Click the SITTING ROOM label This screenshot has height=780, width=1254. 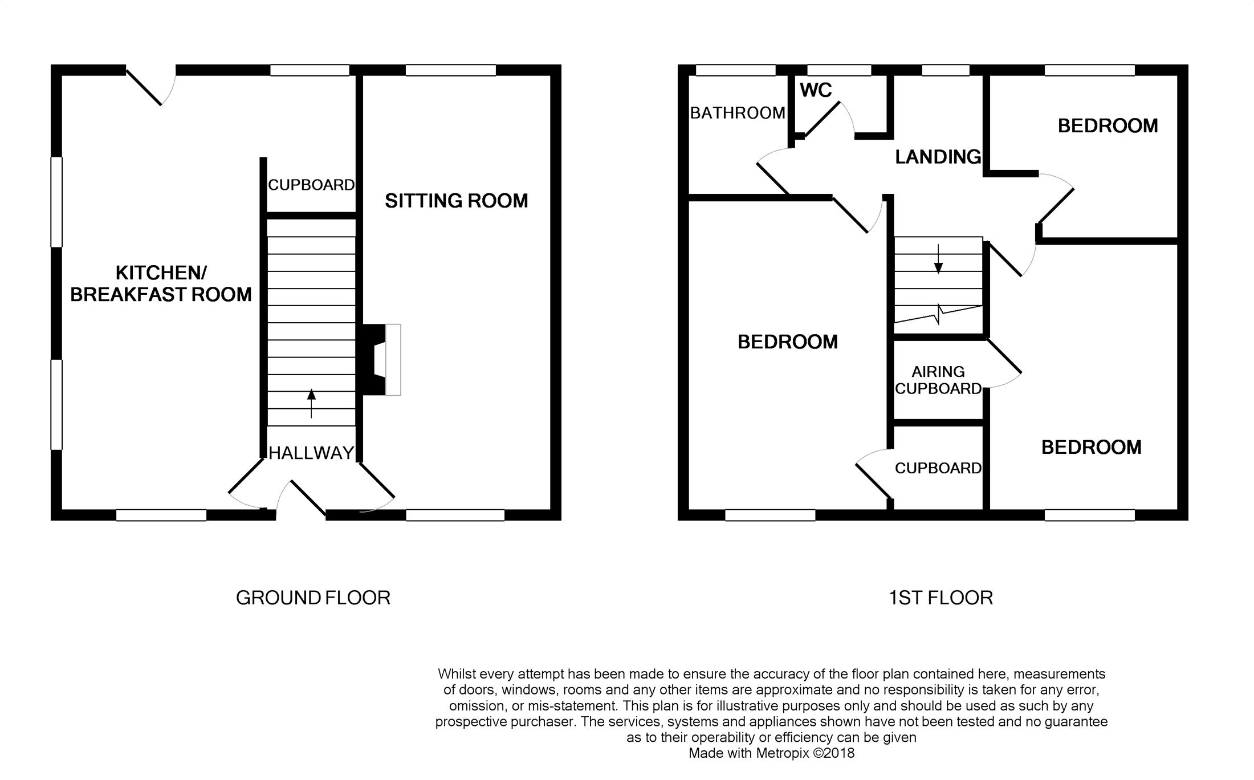point(456,201)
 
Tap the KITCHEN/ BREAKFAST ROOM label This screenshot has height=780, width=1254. point(161,283)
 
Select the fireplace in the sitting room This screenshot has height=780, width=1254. point(379,360)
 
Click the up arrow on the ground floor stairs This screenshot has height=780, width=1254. point(311,404)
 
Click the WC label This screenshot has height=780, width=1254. point(816,90)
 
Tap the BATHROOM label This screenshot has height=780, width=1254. point(738,113)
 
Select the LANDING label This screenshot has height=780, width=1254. point(938,157)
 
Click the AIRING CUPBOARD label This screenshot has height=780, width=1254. point(938,380)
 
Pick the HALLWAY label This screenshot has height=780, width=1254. point(311,453)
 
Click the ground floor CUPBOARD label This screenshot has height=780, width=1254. point(311,185)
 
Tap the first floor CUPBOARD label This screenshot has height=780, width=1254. point(938,468)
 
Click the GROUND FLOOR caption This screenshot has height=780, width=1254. point(313,598)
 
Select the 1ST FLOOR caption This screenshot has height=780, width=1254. point(941,598)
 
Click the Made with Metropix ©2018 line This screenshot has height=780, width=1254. point(772,753)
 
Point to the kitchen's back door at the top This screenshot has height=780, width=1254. point(149,87)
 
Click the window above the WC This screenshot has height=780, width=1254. point(839,70)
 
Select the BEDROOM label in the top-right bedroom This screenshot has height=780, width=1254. point(1108,126)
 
